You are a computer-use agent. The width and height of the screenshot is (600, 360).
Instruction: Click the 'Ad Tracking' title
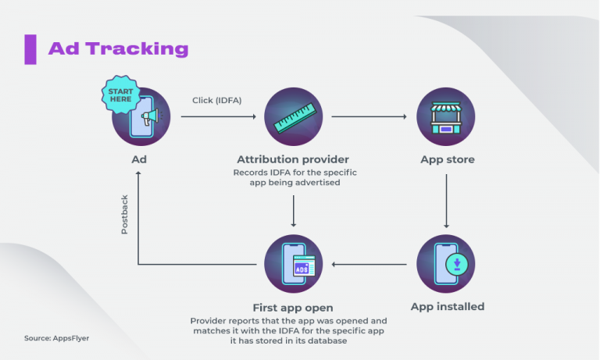(118, 48)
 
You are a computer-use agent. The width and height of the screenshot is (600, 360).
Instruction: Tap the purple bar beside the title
(30, 48)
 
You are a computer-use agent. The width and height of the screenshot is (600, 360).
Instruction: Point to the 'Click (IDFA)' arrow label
(217, 100)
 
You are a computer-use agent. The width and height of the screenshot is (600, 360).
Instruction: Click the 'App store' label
(447, 159)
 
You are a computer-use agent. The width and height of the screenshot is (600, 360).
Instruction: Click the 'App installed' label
(448, 306)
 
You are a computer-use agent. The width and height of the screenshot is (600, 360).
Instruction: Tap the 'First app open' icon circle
(294, 264)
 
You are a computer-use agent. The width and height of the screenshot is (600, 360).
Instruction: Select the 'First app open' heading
(294, 308)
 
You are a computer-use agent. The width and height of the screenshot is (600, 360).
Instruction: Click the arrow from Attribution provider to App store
(370, 117)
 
